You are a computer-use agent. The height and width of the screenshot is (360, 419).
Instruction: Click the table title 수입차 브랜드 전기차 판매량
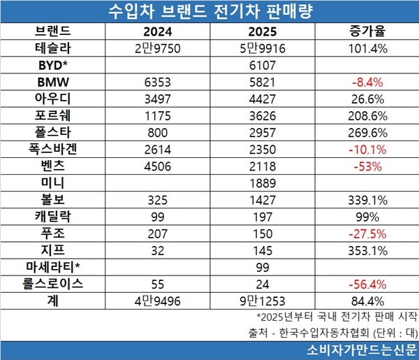[x=209, y=12]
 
